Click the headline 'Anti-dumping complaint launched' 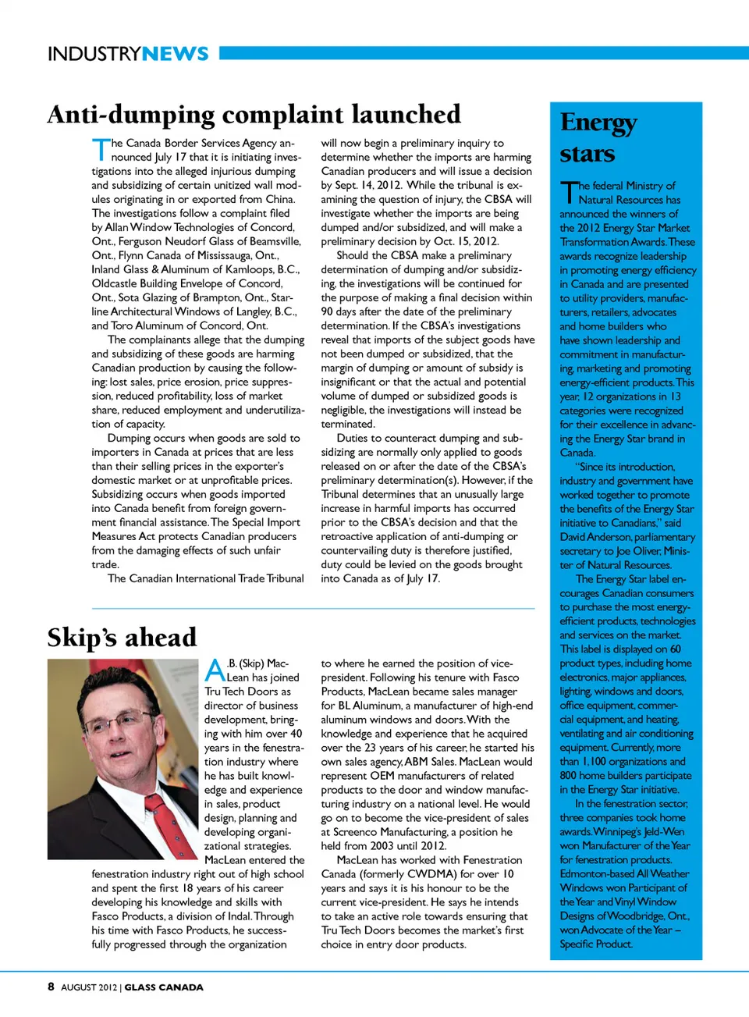[x=254, y=115]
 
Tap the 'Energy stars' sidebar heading [x=598, y=137]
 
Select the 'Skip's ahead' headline [x=122, y=638]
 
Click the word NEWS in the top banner [x=176, y=54]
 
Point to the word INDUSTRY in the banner [x=94, y=54]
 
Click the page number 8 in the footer [x=51, y=987]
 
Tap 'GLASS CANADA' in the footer [x=164, y=987]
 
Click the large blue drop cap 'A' [x=215, y=670]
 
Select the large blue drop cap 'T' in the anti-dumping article [x=101, y=149]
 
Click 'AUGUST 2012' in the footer [x=89, y=987]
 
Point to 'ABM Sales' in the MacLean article [x=429, y=762]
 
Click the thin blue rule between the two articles [x=313, y=608]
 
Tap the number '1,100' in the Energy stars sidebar [x=594, y=761]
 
